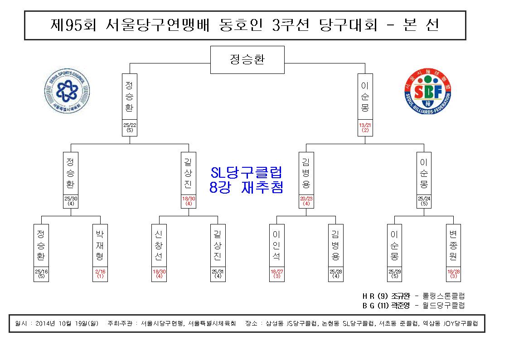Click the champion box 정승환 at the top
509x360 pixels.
[x=247, y=60]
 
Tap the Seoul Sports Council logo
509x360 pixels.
[x=67, y=91]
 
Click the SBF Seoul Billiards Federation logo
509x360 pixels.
[x=428, y=91]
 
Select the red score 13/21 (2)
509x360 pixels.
[x=365, y=127]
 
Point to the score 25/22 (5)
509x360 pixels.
[x=130, y=127]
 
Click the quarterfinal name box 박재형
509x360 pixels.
[x=100, y=245]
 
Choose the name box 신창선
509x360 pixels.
[x=159, y=245]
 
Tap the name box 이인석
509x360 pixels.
[x=276, y=245]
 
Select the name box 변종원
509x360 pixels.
[x=453, y=245]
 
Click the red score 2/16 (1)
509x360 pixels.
[x=100, y=274]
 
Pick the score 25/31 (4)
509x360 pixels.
[x=218, y=274]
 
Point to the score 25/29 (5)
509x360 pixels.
[x=394, y=274]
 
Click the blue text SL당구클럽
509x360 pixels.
[x=247, y=172]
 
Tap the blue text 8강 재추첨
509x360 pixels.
[x=247, y=187]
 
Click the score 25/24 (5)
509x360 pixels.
[x=424, y=201]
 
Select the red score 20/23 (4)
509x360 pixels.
[x=306, y=201]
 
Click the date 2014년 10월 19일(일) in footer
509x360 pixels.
[x=67, y=323]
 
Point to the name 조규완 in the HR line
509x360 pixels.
[x=400, y=296]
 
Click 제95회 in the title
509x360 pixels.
[x=73, y=25]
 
